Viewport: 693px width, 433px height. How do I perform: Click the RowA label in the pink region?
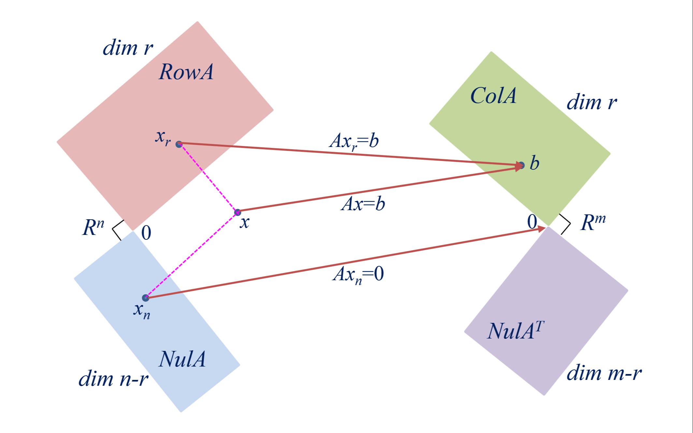click(186, 72)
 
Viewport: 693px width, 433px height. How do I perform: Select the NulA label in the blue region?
click(182, 359)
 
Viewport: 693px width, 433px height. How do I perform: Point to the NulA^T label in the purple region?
click(515, 331)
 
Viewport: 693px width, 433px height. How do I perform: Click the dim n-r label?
click(113, 379)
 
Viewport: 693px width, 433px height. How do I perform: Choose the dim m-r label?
click(604, 373)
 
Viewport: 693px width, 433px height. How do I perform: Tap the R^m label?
click(593, 223)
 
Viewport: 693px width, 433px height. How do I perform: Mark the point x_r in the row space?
click(179, 144)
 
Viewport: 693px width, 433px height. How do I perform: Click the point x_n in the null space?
click(146, 298)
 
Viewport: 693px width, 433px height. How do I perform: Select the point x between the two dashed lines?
click(238, 212)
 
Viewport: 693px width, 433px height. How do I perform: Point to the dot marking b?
click(522, 165)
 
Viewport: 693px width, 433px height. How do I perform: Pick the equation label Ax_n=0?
click(358, 274)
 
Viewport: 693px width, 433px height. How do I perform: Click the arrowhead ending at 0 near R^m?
click(541, 229)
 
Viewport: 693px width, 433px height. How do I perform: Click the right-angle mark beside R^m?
click(566, 224)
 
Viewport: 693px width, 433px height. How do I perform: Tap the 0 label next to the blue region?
click(146, 233)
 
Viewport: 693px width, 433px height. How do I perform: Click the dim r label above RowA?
click(128, 48)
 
